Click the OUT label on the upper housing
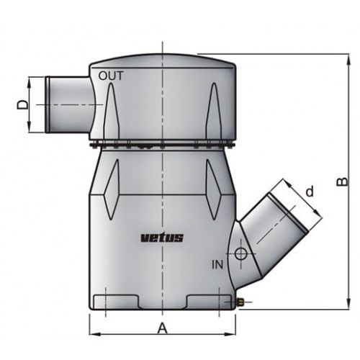(x=111, y=75)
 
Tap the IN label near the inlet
(x=217, y=265)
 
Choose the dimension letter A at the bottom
(x=163, y=328)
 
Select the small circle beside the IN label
(x=240, y=254)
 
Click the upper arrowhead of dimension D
(x=30, y=81)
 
